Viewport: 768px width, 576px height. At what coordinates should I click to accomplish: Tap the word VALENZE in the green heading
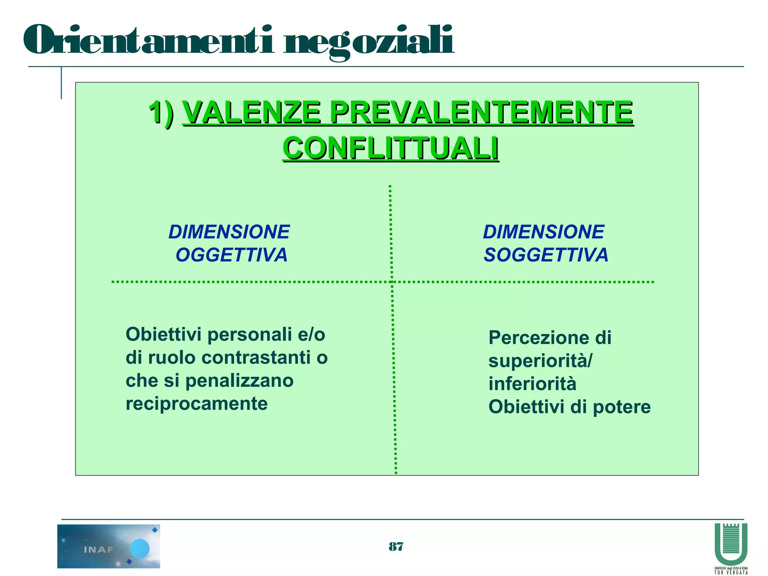(x=251, y=112)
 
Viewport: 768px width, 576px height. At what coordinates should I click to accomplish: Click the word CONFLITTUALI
(x=390, y=148)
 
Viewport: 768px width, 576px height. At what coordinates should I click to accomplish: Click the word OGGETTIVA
(x=231, y=255)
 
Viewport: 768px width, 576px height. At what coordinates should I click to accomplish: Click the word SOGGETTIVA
(x=546, y=255)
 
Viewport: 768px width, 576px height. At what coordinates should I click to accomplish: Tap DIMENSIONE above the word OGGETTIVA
(x=229, y=232)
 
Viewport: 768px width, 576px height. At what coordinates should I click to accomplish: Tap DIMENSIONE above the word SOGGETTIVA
(x=543, y=232)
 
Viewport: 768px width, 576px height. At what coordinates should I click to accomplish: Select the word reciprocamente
(x=196, y=404)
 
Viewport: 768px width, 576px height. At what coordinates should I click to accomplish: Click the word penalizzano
(x=239, y=381)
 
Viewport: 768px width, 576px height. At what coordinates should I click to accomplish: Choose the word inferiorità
(x=532, y=384)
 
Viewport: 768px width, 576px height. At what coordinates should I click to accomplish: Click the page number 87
(x=396, y=547)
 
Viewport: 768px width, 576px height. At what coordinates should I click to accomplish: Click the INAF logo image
(x=109, y=546)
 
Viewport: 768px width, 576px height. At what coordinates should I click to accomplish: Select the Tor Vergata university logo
(x=731, y=547)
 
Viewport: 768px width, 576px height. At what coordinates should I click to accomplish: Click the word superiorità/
(x=540, y=361)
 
